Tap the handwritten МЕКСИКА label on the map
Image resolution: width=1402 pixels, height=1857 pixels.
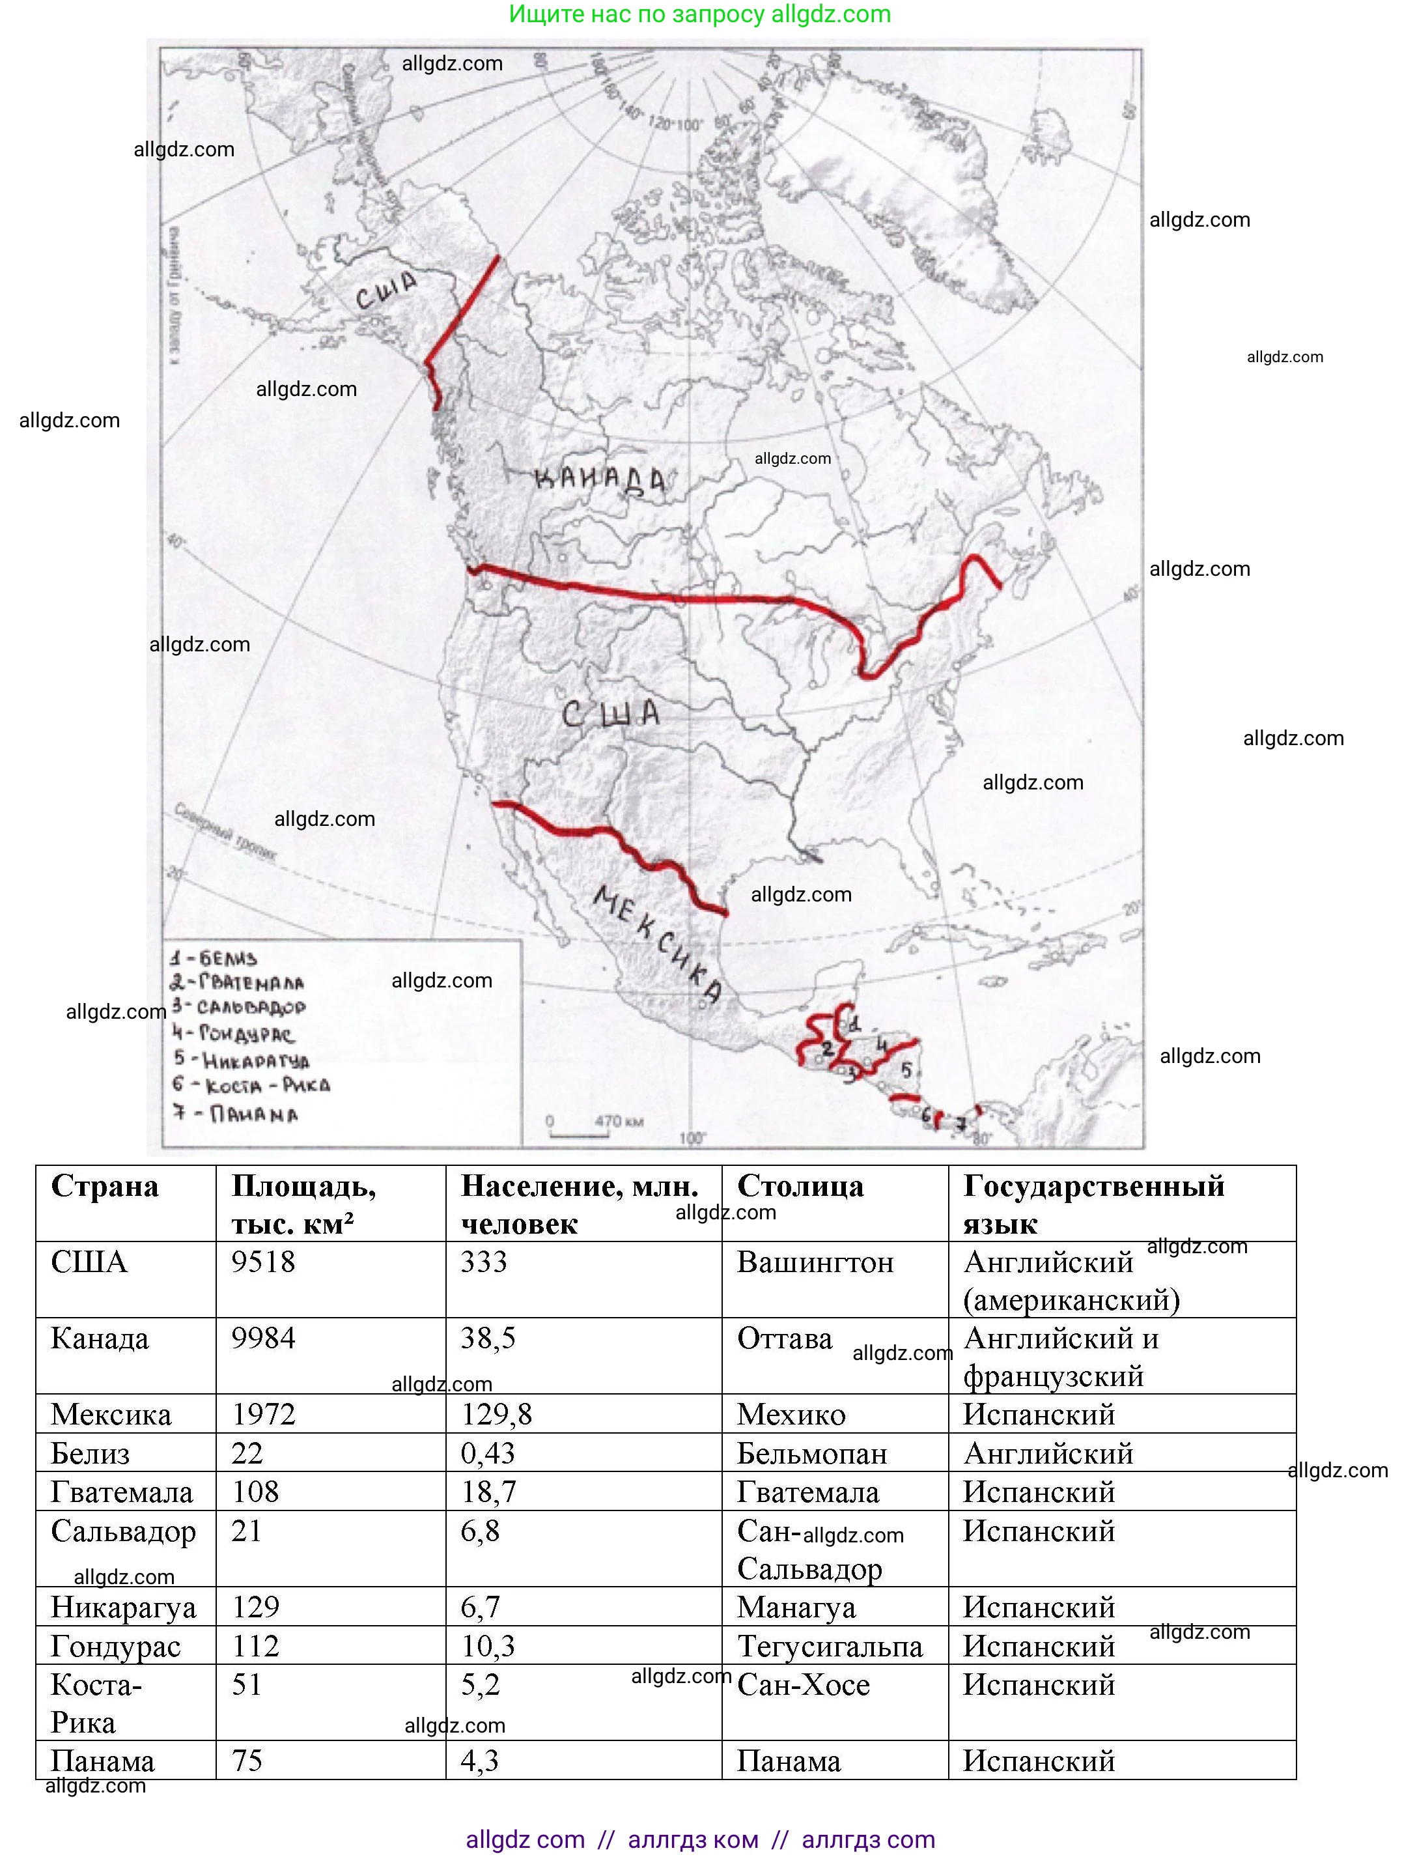[657, 944]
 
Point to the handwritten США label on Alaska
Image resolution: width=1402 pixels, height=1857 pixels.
[386, 291]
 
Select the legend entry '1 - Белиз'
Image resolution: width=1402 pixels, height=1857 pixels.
[214, 958]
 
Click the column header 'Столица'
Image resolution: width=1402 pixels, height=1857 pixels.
[800, 1186]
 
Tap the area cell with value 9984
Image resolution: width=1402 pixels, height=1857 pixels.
[264, 1338]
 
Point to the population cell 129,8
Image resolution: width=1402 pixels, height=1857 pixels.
[496, 1415]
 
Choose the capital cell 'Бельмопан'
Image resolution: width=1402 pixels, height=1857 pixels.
[812, 1453]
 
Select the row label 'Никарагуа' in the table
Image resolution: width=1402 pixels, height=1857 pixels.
[124, 1607]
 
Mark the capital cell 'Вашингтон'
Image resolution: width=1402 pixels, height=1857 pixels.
[815, 1262]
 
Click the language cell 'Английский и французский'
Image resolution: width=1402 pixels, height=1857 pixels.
[1061, 1357]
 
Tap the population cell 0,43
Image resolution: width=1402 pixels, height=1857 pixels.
[488, 1453]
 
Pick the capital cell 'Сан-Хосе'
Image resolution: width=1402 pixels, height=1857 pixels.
[804, 1685]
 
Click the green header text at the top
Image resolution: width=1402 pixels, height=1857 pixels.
[699, 14]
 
